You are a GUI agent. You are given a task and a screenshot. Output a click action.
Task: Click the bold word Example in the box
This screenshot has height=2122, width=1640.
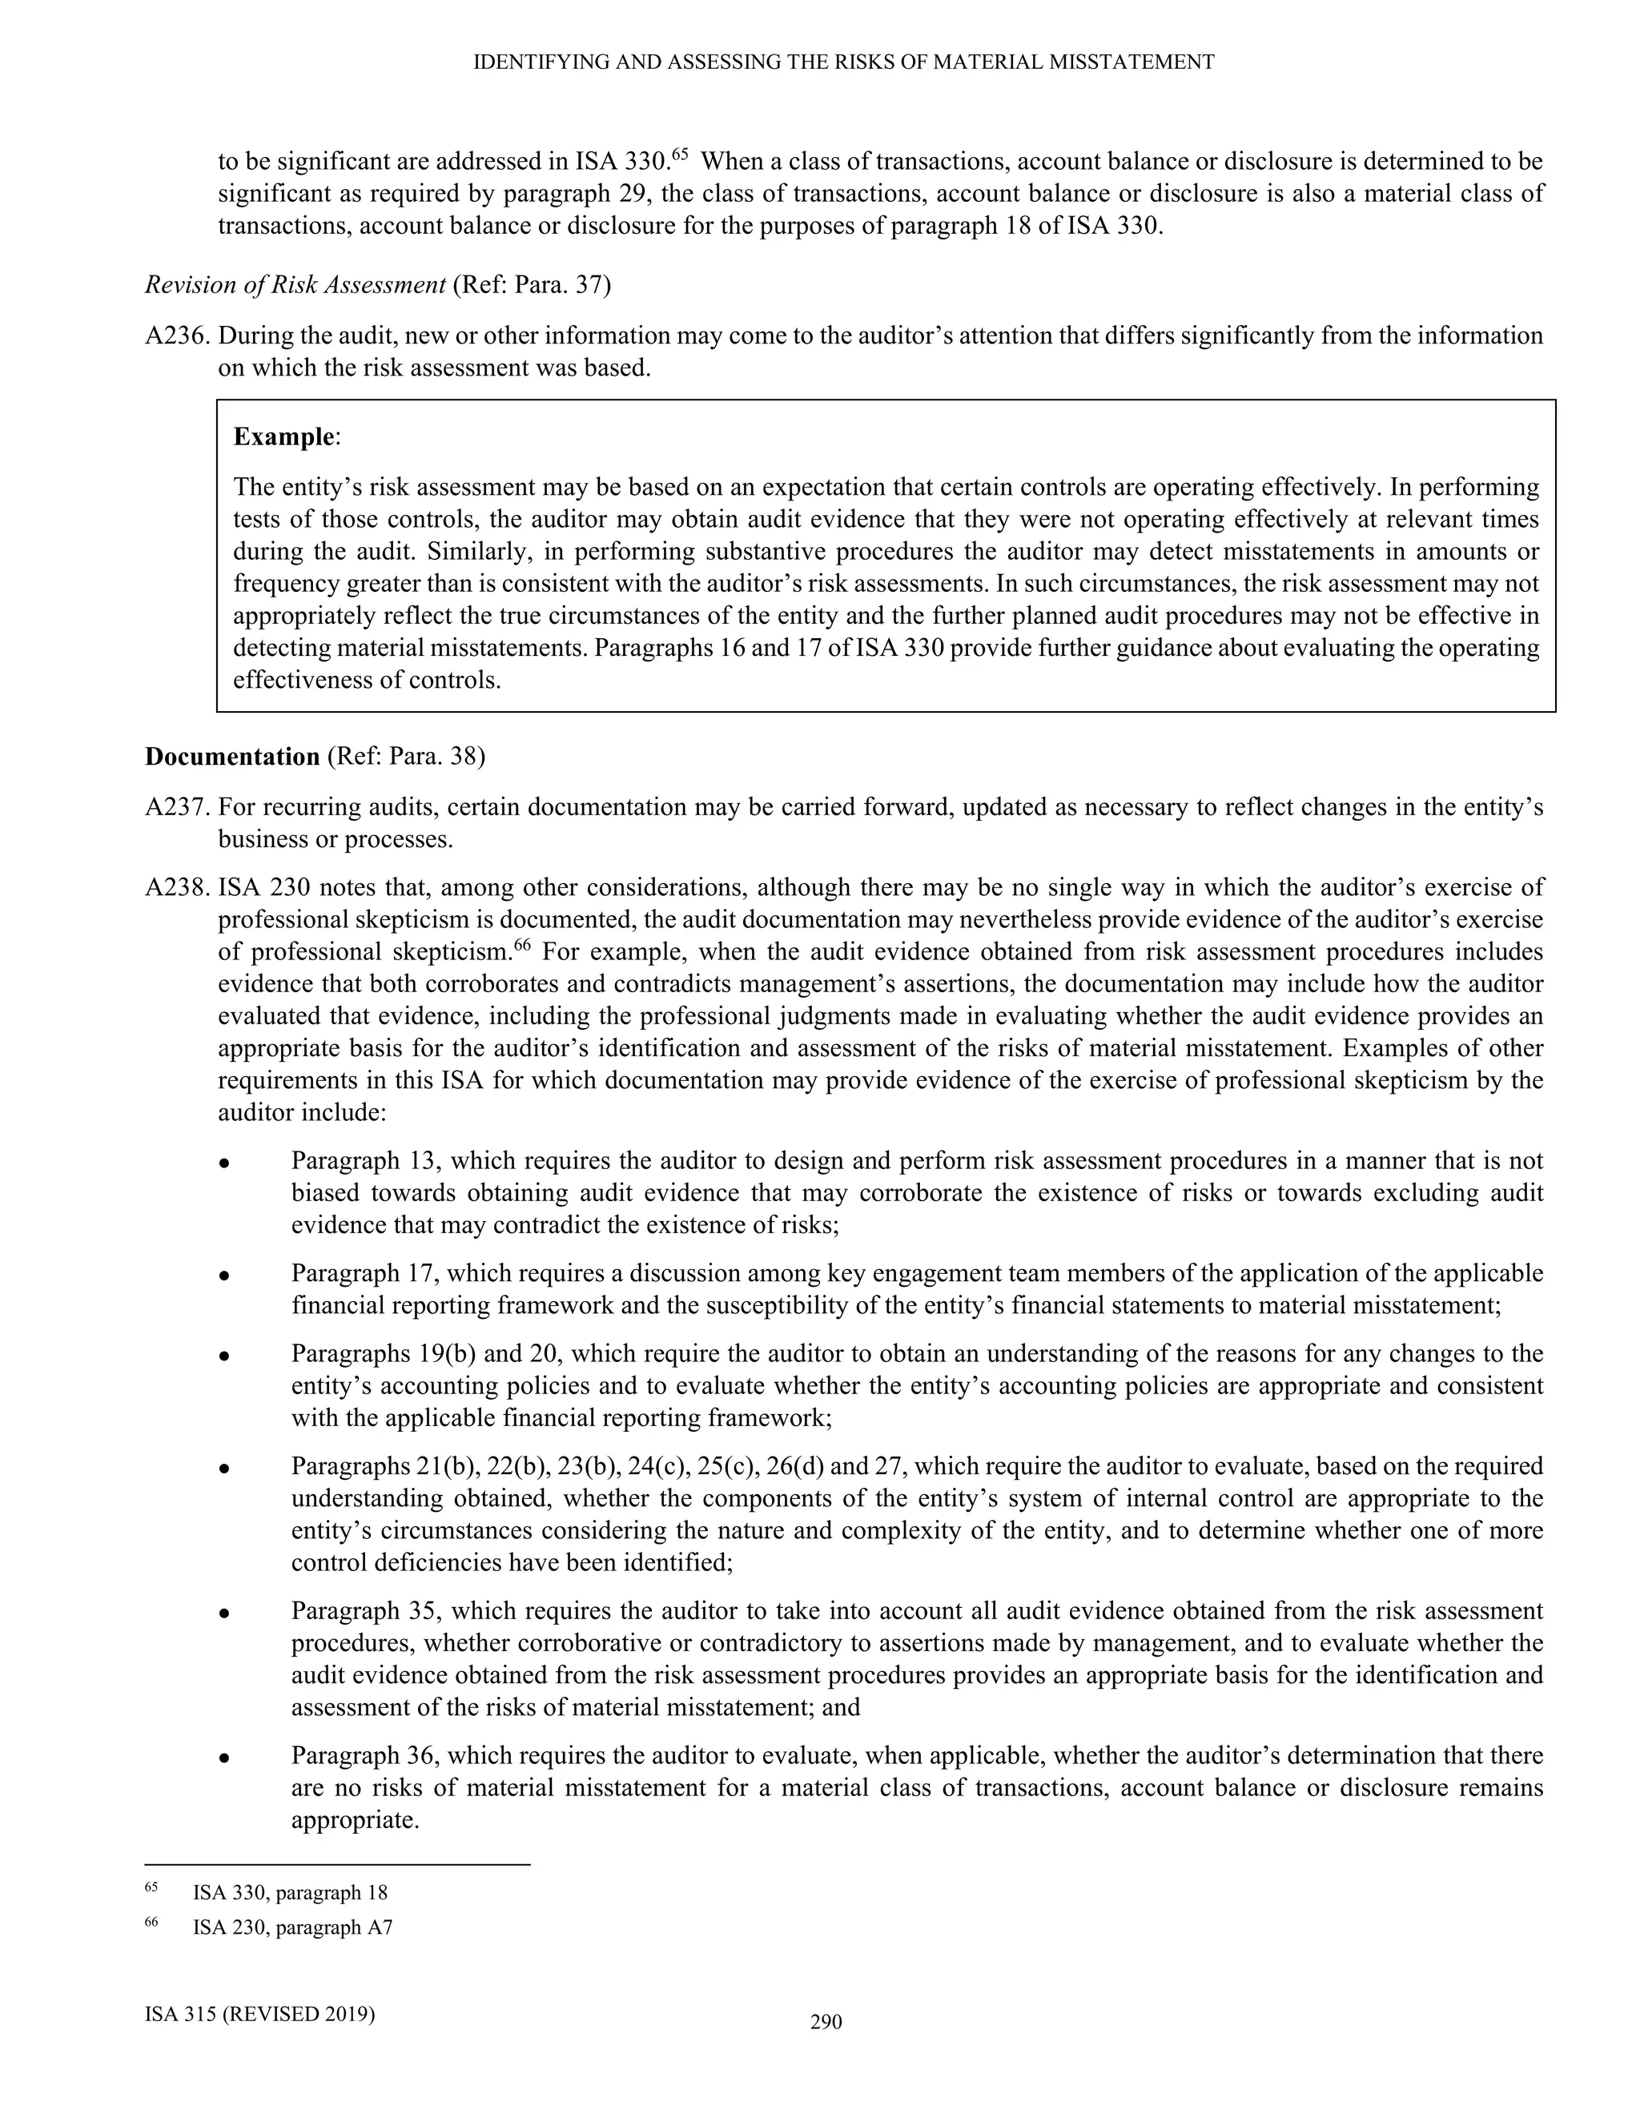[283, 437]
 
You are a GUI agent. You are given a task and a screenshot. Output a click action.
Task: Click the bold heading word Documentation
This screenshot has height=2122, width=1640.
[232, 757]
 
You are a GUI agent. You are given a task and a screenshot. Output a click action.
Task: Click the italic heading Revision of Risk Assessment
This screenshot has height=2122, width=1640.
[295, 286]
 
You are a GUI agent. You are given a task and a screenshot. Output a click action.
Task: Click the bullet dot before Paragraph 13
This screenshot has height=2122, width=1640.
[223, 1163]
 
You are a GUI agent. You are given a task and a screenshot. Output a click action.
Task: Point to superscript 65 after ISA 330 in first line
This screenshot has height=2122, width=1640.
[680, 154]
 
